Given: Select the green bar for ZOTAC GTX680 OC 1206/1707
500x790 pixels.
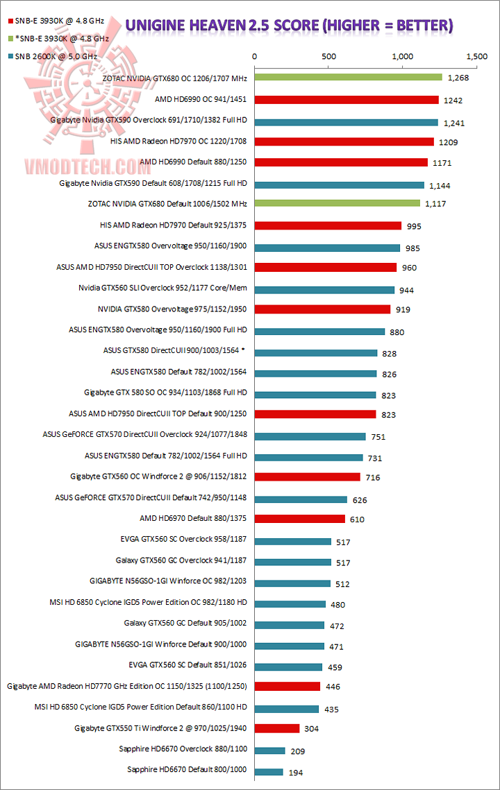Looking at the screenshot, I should (349, 77).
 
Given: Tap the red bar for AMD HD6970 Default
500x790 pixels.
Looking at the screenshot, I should (300, 518).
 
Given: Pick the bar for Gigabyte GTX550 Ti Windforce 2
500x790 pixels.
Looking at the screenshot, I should (277, 728).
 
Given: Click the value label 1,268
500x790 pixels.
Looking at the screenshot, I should (458, 78).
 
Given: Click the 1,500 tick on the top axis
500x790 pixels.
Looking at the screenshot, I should (477, 56).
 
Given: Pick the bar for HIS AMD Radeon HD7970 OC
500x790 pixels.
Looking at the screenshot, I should (344, 141).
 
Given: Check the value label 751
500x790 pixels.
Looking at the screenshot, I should (378, 437).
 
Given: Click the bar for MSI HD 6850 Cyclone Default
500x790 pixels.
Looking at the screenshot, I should (287, 709).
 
